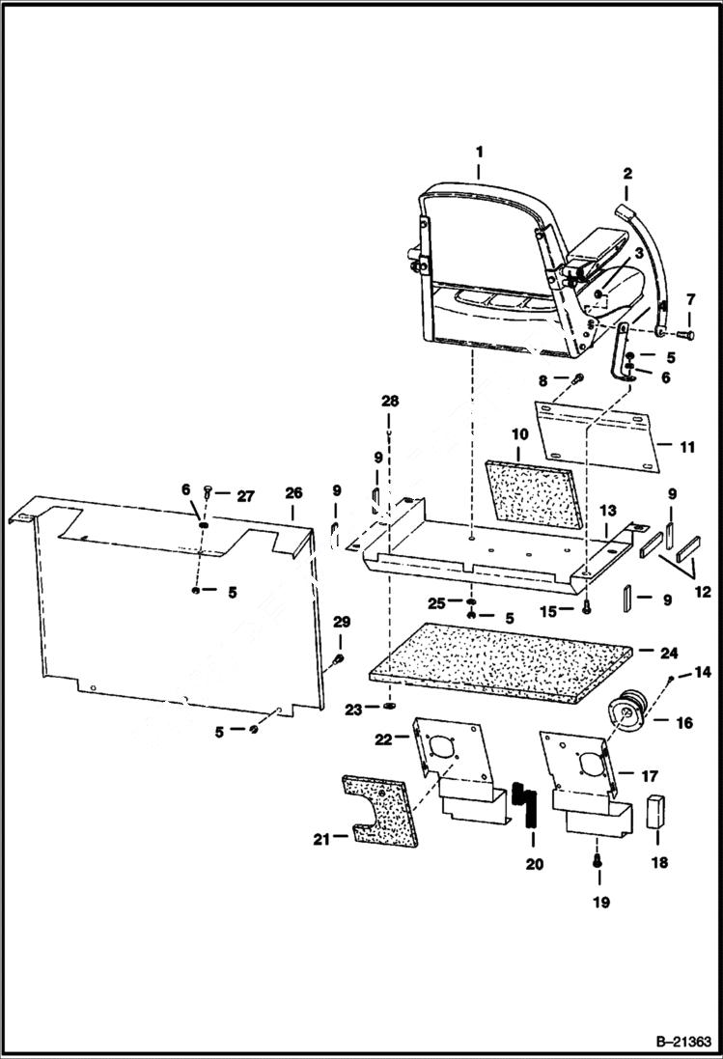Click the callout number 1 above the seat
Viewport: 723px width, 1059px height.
(479, 151)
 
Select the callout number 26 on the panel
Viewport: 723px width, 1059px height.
(292, 493)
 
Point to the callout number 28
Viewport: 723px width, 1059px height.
(388, 400)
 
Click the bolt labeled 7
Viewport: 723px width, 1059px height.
(685, 334)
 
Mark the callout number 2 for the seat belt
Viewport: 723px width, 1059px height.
(626, 174)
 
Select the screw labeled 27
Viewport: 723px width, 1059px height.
(209, 494)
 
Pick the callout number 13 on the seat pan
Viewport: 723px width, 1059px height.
(608, 509)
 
